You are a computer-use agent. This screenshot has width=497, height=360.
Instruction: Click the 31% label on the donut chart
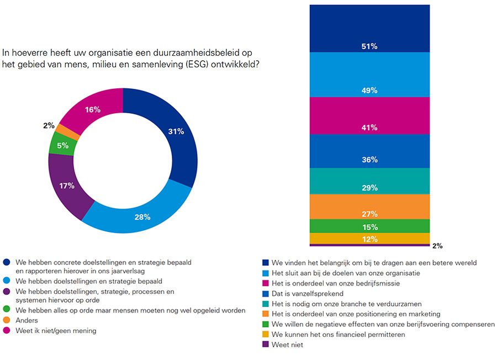(x=176, y=131)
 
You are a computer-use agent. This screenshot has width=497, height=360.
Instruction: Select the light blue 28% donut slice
(x=142, y=216)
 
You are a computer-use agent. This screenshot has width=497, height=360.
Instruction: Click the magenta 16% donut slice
(x=92, y=110)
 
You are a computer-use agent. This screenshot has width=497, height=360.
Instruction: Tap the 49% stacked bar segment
(x=369, y=74)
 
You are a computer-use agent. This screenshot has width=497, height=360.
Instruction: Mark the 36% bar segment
(x=369, y=151)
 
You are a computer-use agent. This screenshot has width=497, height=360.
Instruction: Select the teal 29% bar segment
(x=369, y=181)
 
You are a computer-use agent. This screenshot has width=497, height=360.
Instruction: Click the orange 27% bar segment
(x=369, y=206)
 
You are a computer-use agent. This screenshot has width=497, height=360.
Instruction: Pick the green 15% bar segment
(x=369, y=226)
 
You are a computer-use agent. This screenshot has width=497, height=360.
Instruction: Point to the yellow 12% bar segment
(x=369, y=239)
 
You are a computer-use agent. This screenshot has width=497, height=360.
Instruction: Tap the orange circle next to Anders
(x=7, y=321)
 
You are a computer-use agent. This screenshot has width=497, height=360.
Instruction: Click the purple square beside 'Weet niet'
(x=266, y=345)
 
